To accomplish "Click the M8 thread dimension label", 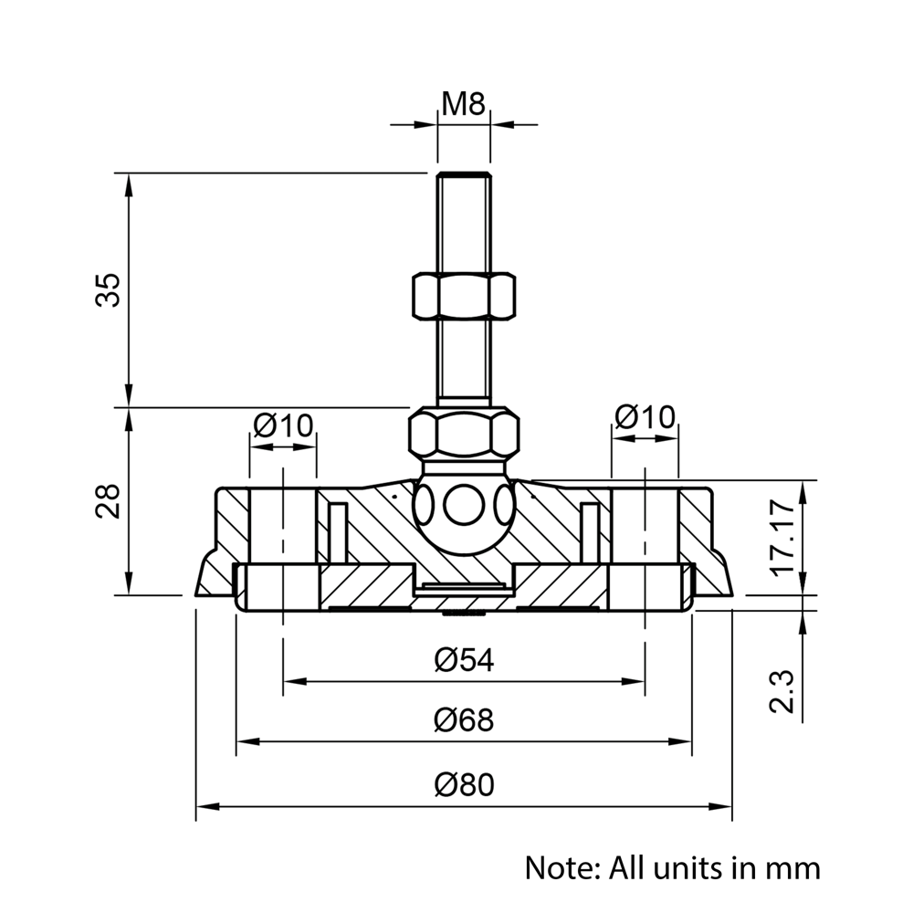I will click(x=463, y=103).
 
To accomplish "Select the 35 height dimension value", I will click(x=109, y=289).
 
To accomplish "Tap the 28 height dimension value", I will click(x=109, y=500).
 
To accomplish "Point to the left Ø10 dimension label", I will click(x=283, y=425).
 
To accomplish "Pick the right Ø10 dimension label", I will click(x=645, y=416).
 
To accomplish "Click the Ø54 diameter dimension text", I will click(x=464, y=659).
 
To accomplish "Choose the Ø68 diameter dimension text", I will click(x=464, y=720).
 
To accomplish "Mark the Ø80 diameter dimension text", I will click(x=464, y=784).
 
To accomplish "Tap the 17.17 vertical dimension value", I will click(x=784, y=536).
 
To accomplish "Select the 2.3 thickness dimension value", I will click(x=784, y=690).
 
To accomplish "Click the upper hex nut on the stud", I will click(x=463, y=295).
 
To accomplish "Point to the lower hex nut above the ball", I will click(x=463, y=434).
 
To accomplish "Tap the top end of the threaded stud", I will click(x=464, y=177).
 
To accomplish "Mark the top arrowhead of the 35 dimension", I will click(x=129, y=183).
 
